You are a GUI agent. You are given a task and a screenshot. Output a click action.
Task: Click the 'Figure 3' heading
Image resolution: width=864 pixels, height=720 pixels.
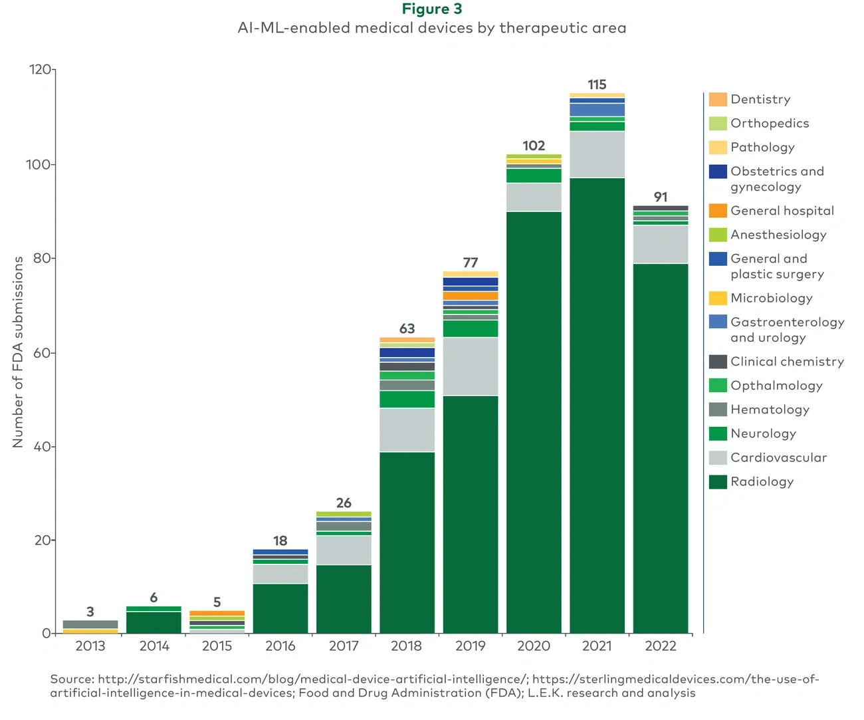[432, 9]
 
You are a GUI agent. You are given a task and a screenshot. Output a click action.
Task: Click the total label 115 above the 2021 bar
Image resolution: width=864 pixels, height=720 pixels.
[597, 85]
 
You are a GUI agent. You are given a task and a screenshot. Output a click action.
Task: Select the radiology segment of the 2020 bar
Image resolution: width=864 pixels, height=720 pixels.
[534, 422]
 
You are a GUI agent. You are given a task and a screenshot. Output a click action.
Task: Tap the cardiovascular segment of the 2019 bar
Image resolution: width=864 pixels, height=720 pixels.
[471, 366]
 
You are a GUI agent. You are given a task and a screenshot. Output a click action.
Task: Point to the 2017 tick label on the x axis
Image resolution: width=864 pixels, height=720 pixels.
[344, 646]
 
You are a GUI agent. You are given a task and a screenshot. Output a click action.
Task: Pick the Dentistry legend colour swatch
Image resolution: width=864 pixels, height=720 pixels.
[718, 100]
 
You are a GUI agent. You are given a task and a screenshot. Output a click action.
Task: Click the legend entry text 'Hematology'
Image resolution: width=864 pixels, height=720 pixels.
[770, 410]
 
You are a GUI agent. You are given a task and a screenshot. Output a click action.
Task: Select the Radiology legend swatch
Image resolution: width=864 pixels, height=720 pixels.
[718, 482]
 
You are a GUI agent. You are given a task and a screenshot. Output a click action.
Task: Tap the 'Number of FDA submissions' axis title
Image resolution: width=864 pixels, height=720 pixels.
[18, 352]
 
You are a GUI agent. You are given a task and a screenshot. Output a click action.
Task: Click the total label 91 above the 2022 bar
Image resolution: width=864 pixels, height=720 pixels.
[660, 197]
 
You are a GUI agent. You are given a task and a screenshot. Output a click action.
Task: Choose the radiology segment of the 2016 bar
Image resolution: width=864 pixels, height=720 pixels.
[280, 608]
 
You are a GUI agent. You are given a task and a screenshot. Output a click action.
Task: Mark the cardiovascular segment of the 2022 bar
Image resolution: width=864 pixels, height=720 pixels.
[660, 245]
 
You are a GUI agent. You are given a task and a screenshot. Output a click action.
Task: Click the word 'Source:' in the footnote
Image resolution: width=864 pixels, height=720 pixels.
[72, 679]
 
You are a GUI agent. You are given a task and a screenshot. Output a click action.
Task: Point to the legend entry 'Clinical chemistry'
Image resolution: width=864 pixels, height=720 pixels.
[787, 362]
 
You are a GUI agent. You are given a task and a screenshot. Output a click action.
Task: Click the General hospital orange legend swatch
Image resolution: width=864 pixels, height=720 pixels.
[718, 211]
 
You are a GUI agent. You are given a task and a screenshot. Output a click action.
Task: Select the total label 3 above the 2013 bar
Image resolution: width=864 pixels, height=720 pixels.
[90, 612]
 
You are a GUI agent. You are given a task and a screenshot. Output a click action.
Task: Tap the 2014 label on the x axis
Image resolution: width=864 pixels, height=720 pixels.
[154, 646]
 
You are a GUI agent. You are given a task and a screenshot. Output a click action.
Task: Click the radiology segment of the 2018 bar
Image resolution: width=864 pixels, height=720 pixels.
[407, 542]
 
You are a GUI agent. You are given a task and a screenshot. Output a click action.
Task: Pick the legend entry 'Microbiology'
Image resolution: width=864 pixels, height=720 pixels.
[771, 298]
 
